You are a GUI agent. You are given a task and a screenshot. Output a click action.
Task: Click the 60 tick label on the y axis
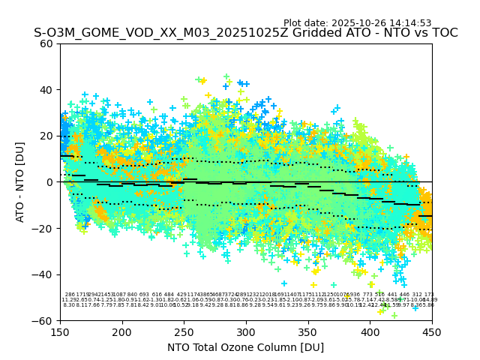(47, 43)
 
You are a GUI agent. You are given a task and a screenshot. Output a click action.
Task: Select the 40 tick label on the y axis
(47, 90)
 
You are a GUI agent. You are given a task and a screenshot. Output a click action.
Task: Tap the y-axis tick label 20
(47, 136)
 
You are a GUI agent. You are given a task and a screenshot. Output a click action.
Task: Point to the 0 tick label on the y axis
(50, 182)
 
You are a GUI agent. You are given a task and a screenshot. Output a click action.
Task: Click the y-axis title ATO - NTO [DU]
(21, 182)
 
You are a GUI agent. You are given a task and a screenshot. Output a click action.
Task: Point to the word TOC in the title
(443, 34)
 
